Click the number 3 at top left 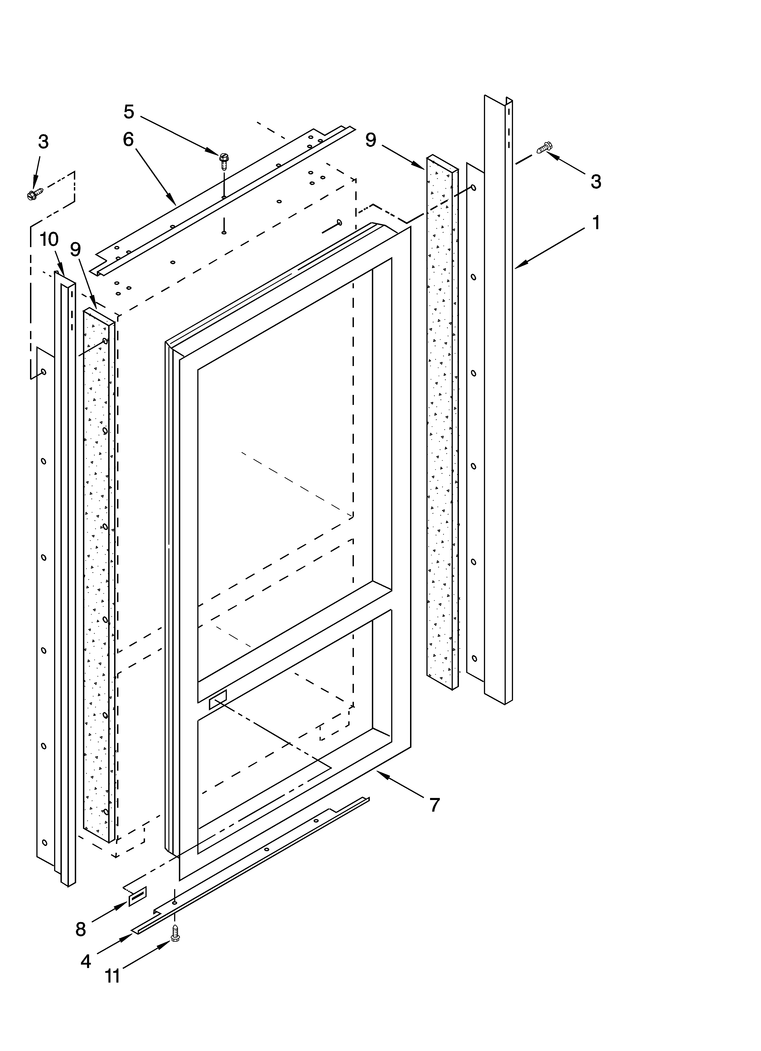click(43, 142)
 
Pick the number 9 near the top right click(371, 140)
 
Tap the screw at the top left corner click(35, 195)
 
